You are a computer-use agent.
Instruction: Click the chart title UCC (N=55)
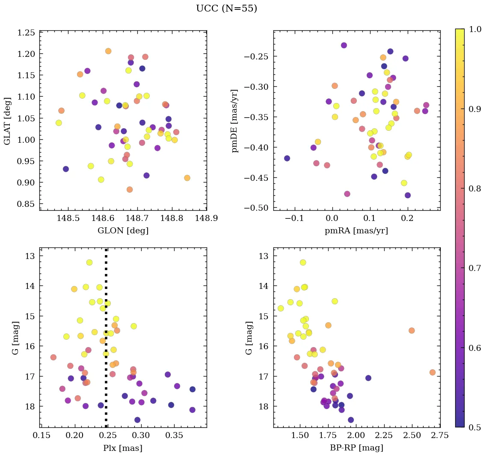pos(226,9)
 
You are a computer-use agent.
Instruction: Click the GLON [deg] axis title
pos(123,231)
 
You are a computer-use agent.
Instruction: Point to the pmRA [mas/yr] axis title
pos(357,231)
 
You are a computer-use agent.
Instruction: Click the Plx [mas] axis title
pos(123,448)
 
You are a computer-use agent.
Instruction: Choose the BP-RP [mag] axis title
pos(357,448)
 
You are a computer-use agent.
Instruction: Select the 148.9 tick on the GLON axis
pos(206,218)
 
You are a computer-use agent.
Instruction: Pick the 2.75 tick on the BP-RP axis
pos(440,435)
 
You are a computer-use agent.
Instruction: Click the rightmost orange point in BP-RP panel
pos(433,372)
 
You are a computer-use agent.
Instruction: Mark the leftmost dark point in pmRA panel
pos(287,158)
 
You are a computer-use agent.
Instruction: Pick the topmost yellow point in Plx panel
pos(89,262)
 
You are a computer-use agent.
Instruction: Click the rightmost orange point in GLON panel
pos(187,178)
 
